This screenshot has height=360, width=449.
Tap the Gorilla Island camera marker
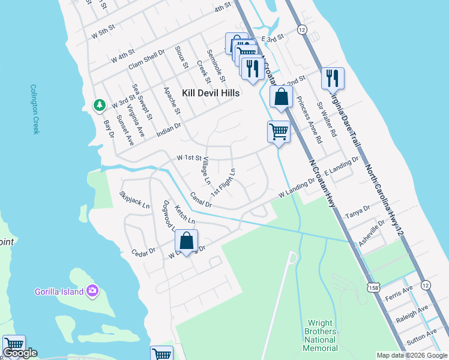click(92, 291)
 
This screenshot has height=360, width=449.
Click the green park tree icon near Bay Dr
click(98, 106)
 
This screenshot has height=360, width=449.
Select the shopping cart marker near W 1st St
click(279, 131)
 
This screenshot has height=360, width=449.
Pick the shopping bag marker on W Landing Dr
click(187, 242)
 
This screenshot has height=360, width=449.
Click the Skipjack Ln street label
click(134, 200)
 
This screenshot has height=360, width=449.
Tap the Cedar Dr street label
click(143, 251)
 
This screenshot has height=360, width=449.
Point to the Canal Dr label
click(201, 200)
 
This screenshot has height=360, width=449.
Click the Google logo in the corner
click(20, 353)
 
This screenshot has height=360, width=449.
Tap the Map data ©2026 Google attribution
click(411, 355)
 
